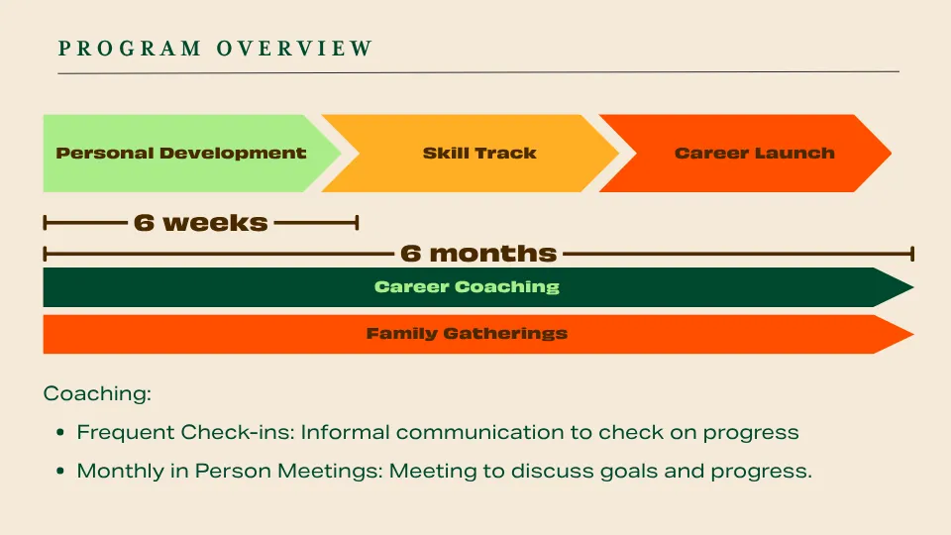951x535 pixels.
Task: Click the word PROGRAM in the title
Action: point(130,49)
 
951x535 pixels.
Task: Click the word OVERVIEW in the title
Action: point(295,49)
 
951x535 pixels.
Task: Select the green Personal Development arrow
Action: point(191,154)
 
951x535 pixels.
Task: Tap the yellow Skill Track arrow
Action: point(470,154)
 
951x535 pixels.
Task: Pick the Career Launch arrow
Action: point(745,154)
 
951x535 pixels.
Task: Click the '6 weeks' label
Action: point(201,223)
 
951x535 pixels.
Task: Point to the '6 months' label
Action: point(478,254)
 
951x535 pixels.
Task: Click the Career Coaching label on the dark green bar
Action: point(467,287)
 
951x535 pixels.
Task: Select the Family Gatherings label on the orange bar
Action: point(467,334)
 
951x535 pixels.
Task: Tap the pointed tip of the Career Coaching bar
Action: point(912,287)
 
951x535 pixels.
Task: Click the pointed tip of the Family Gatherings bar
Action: point(912,334)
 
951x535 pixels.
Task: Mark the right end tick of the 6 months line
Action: point(912,254)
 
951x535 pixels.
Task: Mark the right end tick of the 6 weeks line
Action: point(358,223)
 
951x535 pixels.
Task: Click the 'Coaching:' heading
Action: point(97,393)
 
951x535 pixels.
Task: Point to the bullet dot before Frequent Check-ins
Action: point(60,433)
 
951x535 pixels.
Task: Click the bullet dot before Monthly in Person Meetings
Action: point(60,471)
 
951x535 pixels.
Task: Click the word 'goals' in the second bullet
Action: point(629,472)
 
